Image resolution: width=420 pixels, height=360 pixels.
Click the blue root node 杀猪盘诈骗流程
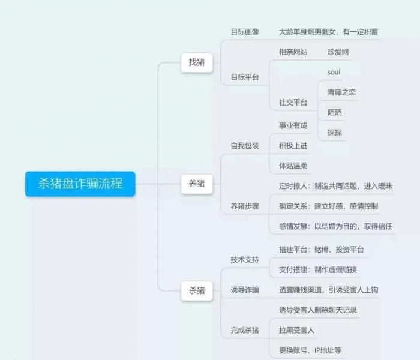coord(80,184)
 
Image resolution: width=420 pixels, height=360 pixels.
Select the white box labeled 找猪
coord(197,62)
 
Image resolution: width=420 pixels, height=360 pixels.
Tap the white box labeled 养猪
coord(197,184)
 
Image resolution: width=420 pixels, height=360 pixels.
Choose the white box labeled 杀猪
coord(197,290)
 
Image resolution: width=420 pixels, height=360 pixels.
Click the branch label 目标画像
coord(245,32)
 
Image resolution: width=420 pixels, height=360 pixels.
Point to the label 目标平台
coord(245,77)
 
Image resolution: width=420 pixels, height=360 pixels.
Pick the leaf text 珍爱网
coord(338,52)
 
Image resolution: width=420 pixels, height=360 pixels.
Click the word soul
coord(334,73)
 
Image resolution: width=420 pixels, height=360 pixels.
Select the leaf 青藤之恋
coord(341,92)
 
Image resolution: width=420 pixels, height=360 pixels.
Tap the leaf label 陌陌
coord(335,113)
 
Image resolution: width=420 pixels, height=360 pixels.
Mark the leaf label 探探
coord(335,133)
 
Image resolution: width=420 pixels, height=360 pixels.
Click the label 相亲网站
coord(293,52)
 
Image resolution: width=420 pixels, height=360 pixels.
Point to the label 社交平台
coord(293,103)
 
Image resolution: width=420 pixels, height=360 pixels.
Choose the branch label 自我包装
coord(245,146)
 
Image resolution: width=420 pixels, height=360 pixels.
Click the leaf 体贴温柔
coord(293,166)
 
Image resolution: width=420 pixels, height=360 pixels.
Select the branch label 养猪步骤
coord(245,206)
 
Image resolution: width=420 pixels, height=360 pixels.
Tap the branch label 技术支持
coord(245,260)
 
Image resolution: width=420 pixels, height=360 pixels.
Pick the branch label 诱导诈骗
coord(245,290)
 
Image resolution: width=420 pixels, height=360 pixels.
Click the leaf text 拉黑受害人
coord(296,330)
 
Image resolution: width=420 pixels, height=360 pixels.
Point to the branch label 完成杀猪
coord(245,330)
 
